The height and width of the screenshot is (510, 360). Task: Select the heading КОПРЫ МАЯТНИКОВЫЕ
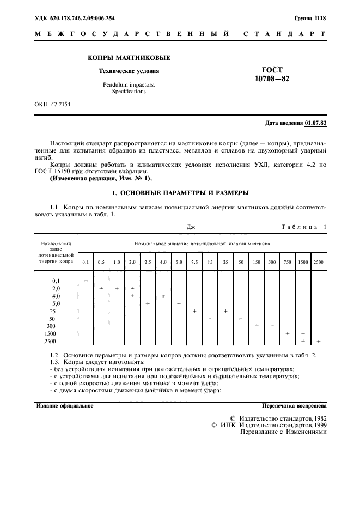point(129,58)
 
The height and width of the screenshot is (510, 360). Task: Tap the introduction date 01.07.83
point(316,123)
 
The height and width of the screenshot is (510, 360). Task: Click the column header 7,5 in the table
point(194,262)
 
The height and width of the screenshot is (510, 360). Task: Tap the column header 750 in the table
point(287,262)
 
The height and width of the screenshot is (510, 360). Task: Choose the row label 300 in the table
point(52,326)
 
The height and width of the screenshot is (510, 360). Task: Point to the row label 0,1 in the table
point(56,281)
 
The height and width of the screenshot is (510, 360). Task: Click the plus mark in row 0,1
point(86,280)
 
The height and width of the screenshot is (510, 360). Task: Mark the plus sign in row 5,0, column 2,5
point(148,303)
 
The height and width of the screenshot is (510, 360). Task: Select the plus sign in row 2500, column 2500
point(318,341)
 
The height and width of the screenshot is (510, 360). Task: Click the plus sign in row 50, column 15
point(210,318)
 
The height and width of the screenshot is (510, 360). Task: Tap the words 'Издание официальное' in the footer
point(65,406)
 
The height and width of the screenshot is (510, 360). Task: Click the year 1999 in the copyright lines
point(319,424)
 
